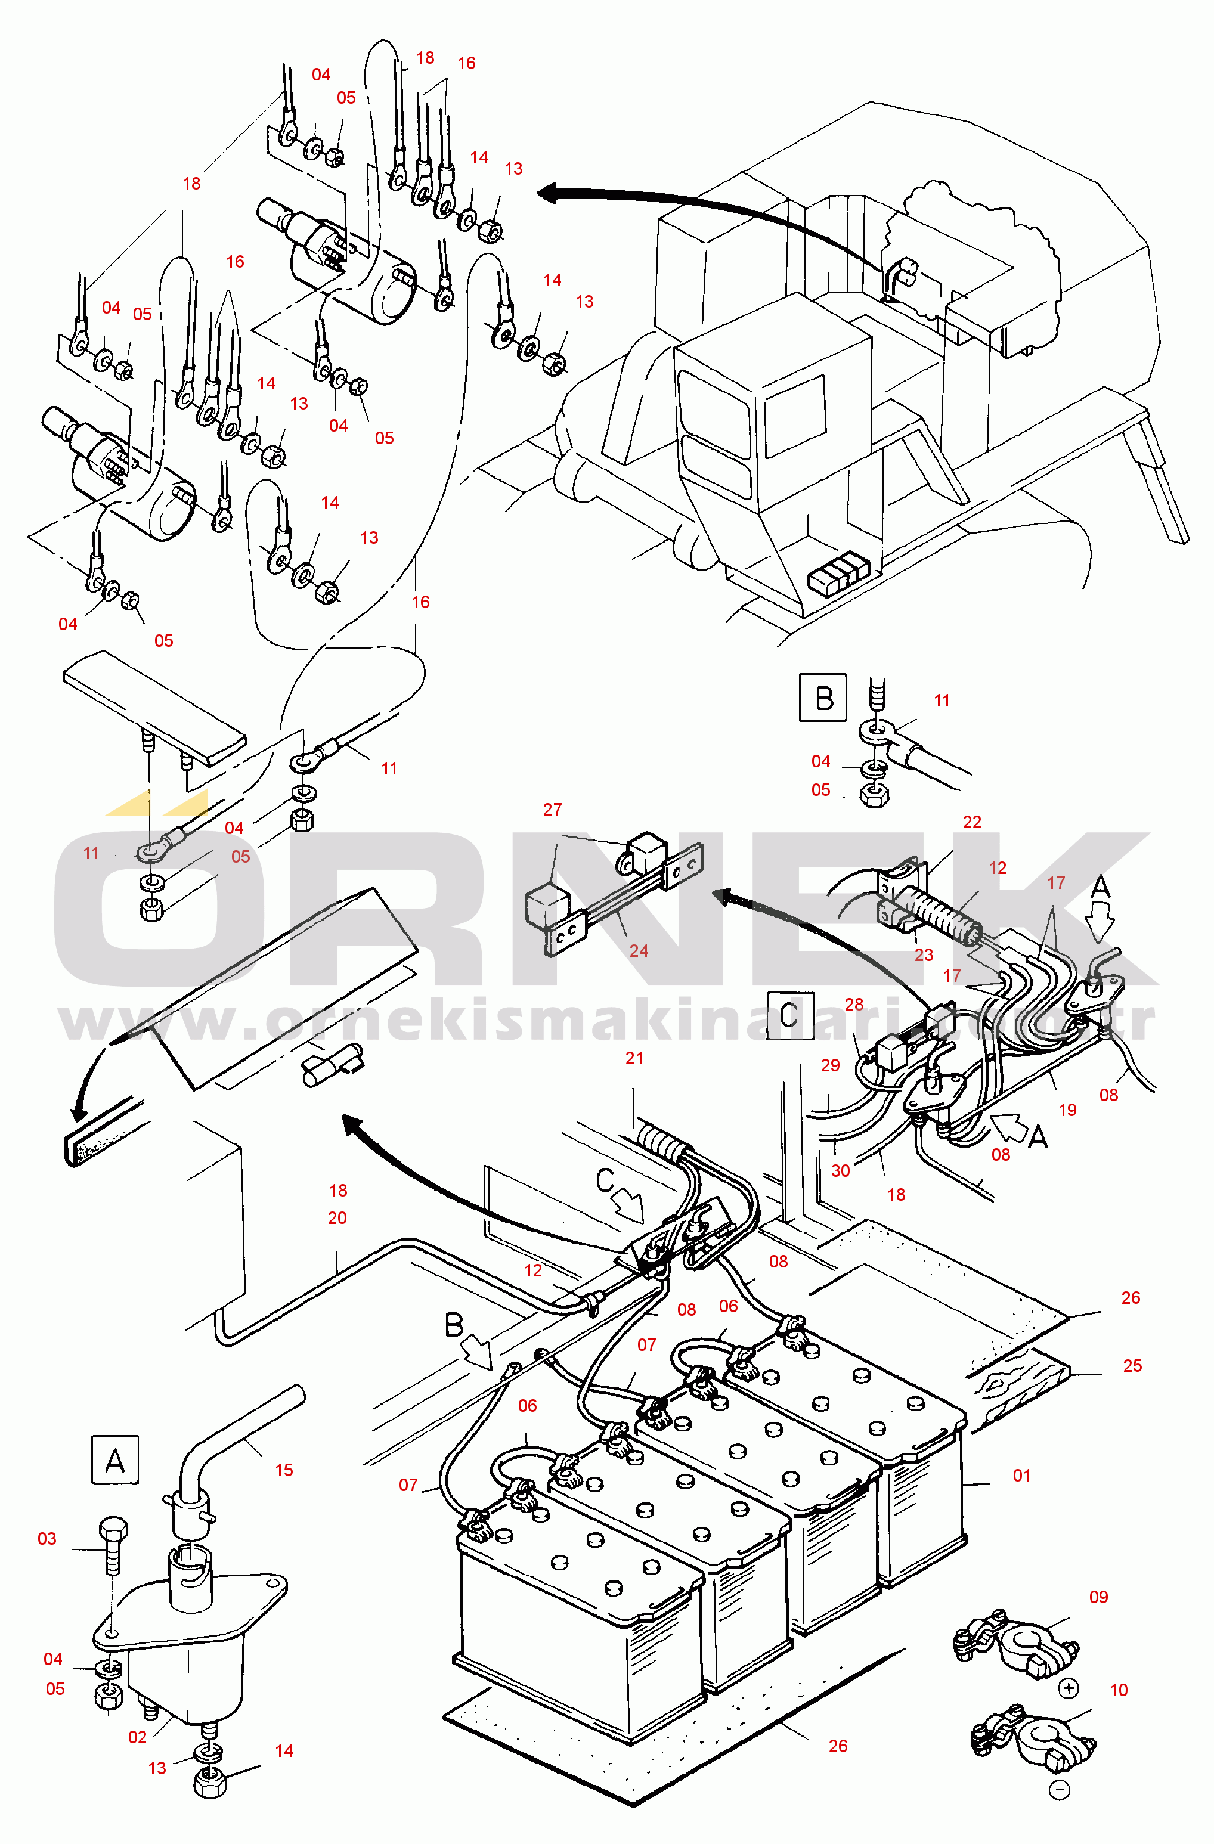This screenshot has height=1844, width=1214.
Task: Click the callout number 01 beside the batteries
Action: (1022, 1476)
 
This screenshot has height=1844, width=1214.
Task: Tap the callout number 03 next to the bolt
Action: (47, 1539)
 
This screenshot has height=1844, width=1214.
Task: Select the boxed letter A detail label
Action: (114, 1459)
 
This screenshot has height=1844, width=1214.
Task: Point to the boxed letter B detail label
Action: (823, 698)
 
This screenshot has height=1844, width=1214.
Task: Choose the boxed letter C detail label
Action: (790, 1015)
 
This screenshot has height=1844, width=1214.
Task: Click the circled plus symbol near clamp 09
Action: (1069, 1688)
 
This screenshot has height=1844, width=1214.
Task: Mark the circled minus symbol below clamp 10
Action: (1059, 1789)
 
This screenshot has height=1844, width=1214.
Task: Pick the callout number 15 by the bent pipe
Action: (284, 1470)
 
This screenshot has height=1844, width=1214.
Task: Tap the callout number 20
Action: (337, 1218)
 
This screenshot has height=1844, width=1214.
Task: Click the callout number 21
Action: (634, 1058)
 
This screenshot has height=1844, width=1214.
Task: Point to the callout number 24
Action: (639, 951)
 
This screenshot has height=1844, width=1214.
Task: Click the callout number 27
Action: (552, 810)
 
